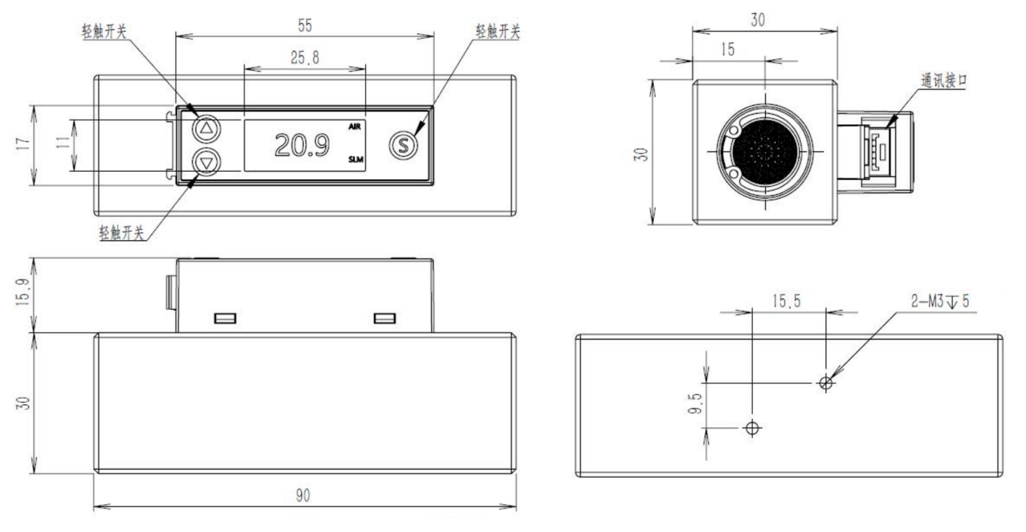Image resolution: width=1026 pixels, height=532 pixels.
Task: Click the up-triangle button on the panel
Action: [207, 129]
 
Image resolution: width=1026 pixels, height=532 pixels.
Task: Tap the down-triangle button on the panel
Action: [207, 162]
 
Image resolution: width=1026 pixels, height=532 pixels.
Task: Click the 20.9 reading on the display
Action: [302, 145]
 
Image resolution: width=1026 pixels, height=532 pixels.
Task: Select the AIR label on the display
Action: [355, 127]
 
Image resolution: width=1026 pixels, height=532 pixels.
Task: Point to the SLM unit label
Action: [356, 160]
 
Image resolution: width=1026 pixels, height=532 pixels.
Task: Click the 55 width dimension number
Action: [305, 26]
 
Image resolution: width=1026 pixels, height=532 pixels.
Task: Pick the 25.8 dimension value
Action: [305, 58]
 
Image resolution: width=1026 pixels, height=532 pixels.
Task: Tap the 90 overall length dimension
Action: [303, 495]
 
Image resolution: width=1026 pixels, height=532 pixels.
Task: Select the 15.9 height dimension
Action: [23, 293]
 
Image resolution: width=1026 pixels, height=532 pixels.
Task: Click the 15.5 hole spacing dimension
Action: [786, 301]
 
